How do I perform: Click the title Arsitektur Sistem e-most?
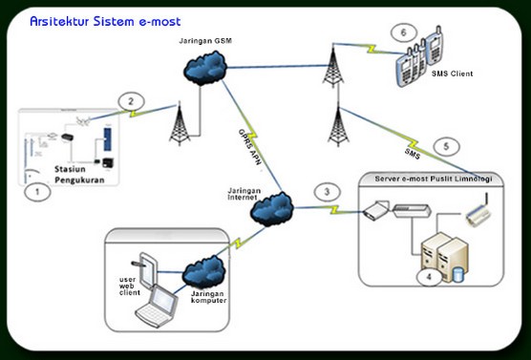click(x=105, y=21)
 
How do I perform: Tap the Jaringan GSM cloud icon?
click(x=205, y=68)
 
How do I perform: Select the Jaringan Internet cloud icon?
click(x=272, y=209)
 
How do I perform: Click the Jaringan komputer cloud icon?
click(x=204, y=271)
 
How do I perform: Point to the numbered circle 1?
click(x=37, y=192)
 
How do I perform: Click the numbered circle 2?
click(x=132, y=101)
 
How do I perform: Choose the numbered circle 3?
click(x=328, y=192)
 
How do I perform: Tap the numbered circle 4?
click(x=429, y=277)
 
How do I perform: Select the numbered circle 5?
click(x=446, y=146)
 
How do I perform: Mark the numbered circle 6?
click(x=403, y=32)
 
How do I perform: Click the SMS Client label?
click(x=452, y=74)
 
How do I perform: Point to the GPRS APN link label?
click(x=250, y=147)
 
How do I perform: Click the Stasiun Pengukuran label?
click(x=79, y=175)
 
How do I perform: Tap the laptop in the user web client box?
click(x=157, y=306)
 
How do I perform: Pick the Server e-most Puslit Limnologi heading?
click(x=434, y=179)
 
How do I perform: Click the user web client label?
click(x=129, y=286)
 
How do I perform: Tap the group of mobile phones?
click(x=419, y=56)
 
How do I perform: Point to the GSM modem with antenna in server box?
click(x=478, y=210)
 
